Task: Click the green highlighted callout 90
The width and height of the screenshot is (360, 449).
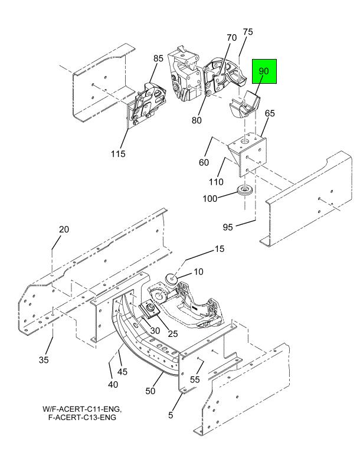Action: coord(264,71)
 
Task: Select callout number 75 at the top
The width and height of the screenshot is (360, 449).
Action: coord(248,32)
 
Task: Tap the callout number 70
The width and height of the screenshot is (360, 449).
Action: coord(231,37)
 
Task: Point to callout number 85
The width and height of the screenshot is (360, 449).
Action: coord(158,58)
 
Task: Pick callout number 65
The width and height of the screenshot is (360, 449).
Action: coord(270,112)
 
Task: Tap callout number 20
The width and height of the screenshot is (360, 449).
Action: coord(63,230)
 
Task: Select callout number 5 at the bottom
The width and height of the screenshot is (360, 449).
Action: coord(171,415)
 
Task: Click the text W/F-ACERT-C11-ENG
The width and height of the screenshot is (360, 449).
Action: coord(86,408)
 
